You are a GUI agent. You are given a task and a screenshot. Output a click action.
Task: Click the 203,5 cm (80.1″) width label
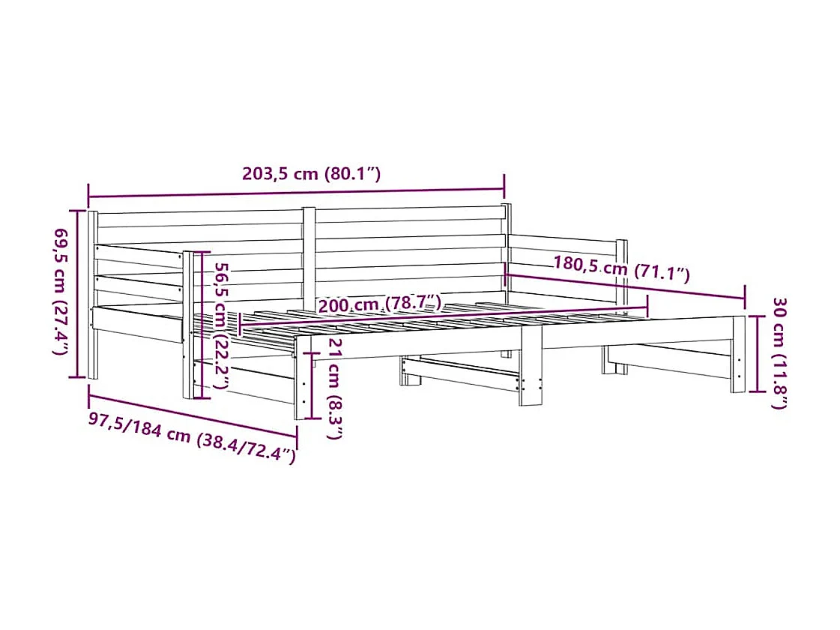[312, 174]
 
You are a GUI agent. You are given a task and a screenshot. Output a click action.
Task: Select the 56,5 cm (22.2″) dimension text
[220, 325]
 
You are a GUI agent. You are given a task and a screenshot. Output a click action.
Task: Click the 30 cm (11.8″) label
[779, 352]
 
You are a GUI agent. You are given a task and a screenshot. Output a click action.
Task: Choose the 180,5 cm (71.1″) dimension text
[621, 268]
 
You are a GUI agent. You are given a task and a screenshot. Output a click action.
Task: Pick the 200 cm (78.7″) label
[379, 304]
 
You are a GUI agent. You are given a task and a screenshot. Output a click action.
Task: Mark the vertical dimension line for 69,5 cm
[75, 292]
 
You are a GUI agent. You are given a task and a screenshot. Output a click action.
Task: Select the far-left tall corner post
[93, 294]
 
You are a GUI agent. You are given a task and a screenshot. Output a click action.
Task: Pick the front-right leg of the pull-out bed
[738, 354]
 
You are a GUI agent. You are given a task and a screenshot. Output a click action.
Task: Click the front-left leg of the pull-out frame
[302, 379]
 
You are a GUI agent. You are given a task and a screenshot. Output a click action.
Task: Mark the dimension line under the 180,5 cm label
[626, 288]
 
